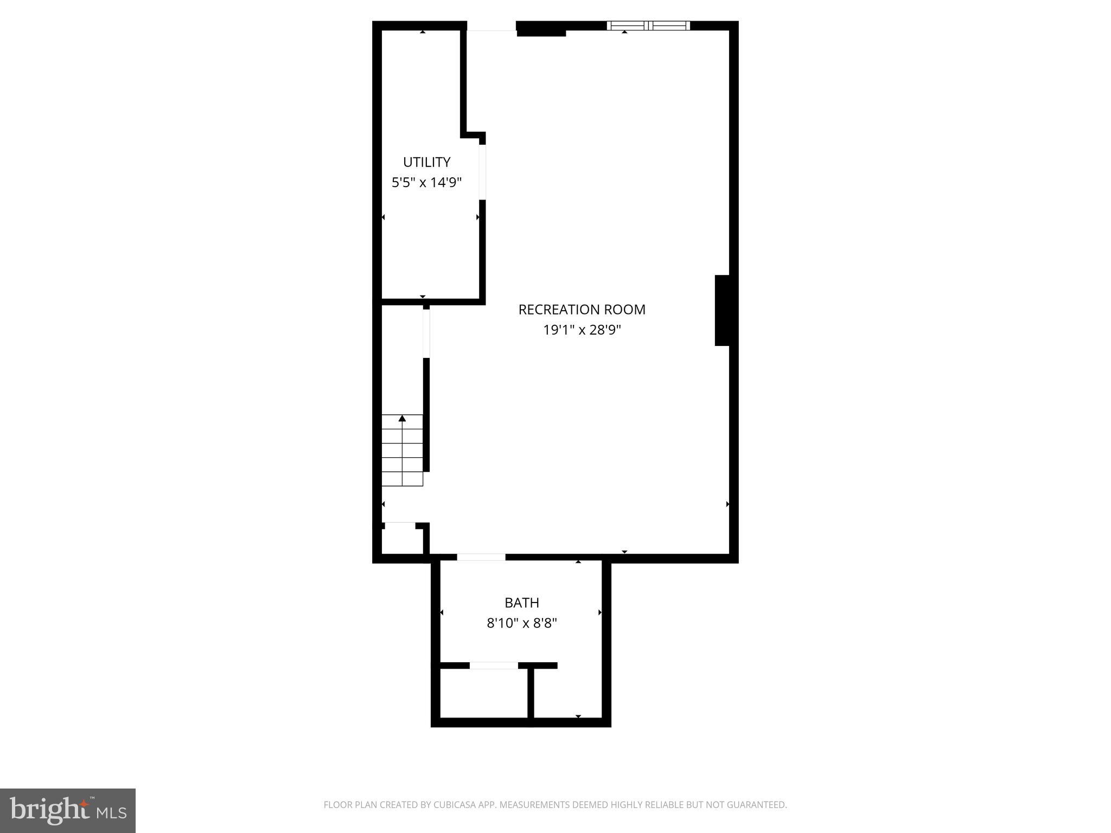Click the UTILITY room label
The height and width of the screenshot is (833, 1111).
[x=426, y=162]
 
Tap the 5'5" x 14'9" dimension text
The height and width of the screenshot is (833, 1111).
[x=426, y=182]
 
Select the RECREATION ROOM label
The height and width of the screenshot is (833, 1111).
[x=582, y=310]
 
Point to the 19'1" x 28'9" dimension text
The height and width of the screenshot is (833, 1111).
[x=582, y=330]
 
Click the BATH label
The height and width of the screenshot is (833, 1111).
[x=521, y=603]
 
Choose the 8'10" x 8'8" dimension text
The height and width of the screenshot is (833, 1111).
[x=521, y=623]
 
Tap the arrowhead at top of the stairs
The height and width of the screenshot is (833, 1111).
[x=402, y=418]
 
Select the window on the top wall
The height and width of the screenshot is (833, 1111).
[x=648, y=25]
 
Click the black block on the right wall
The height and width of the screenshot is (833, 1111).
[x=721, y=310]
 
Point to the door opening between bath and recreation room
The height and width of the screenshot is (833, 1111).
[x=481, y=557]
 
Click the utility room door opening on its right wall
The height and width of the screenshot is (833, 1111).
[x=482, y=172]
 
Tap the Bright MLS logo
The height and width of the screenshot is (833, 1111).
[x=68, y=810]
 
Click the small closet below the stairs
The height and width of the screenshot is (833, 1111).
[x=402, y=540]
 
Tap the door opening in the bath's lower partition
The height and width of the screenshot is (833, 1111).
[x=494, y=665]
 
